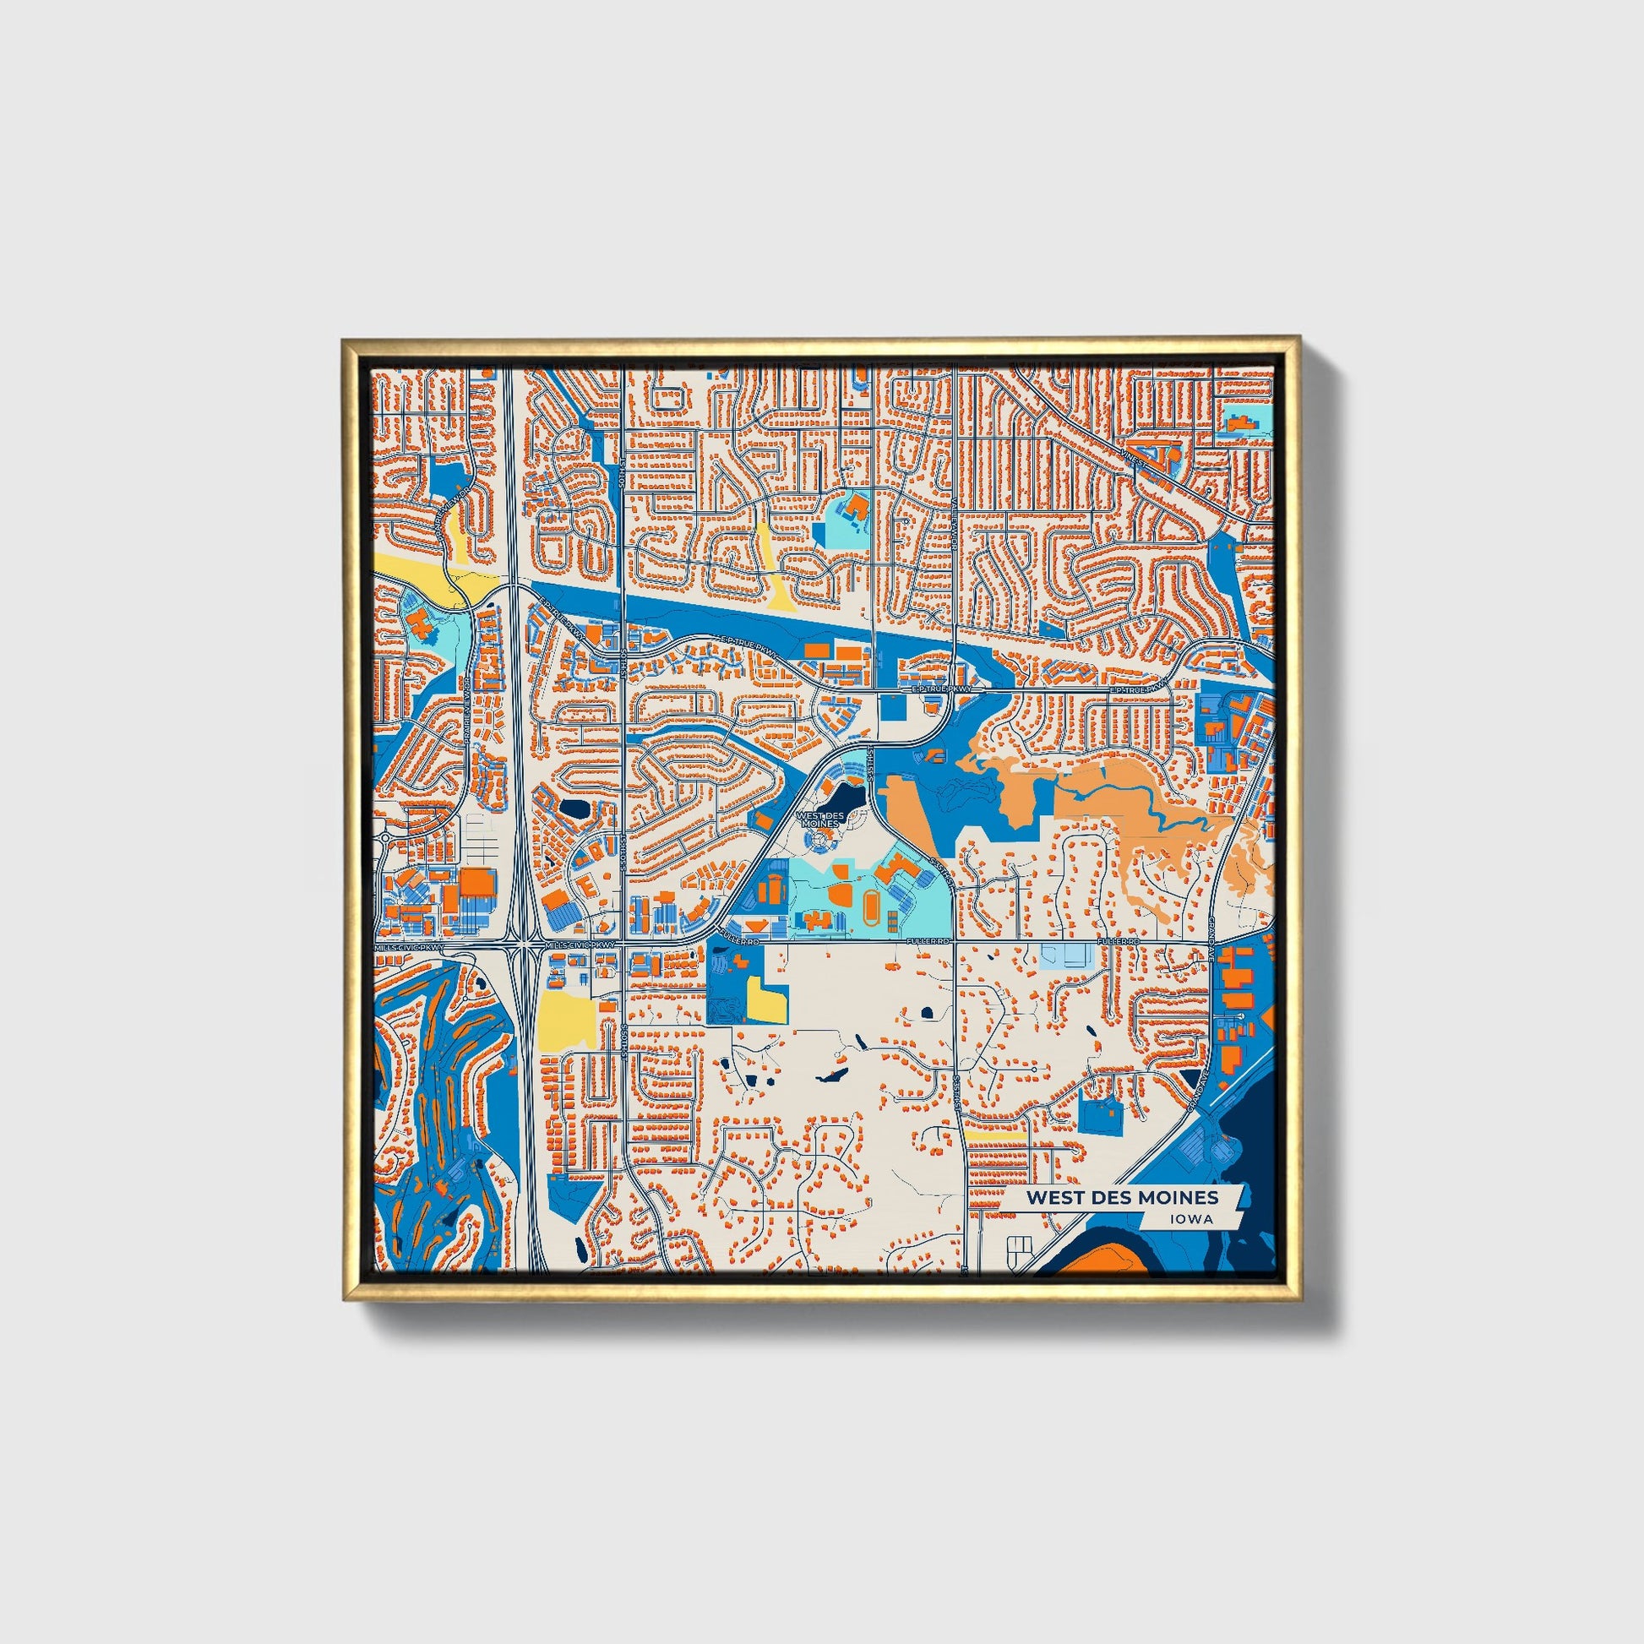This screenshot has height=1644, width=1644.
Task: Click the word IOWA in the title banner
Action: click(x=1191, y=1218)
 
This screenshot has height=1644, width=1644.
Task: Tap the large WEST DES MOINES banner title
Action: click(x=1122, y=1197)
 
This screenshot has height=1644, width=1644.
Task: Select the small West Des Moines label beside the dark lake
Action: click(x=818, y=819)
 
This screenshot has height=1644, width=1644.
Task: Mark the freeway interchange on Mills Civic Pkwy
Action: click(x=519, y=945)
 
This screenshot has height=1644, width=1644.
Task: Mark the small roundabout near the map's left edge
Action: click(x=384, y=837)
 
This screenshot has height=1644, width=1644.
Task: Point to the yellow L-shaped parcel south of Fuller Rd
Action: click(x=765, y=1000)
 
